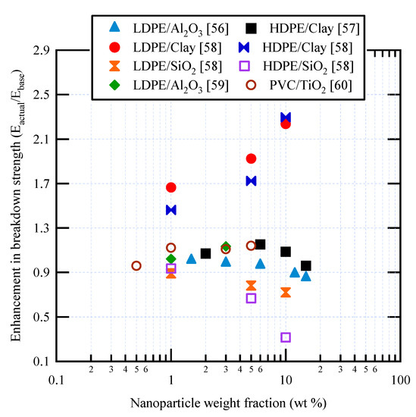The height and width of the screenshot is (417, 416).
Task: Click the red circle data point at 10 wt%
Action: coord(286,124)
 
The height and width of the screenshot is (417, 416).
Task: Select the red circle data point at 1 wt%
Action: coord(171,187)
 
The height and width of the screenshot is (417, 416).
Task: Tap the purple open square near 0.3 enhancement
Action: coord(286,337)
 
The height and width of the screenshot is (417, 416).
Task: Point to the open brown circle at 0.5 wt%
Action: coord(136,265)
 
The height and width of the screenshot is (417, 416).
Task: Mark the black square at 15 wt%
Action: coord(306,266)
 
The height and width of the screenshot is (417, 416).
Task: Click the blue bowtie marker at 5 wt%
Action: coord(251,180)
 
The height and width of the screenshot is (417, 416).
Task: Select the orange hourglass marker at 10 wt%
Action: coord(286,293)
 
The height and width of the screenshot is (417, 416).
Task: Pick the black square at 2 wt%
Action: coord(205,253)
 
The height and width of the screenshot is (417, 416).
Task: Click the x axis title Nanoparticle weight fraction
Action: coord(227,402)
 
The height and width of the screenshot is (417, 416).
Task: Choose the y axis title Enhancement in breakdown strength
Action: coord(17,208)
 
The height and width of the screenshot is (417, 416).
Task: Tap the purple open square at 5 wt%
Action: coord(251,298)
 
